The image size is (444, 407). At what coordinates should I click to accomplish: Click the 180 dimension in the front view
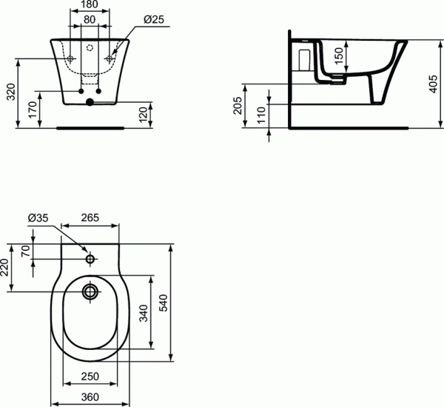(x=88, y=7)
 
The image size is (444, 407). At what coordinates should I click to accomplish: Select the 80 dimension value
(x=88, y=20)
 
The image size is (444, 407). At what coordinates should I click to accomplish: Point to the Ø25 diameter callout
(x=152, y=20)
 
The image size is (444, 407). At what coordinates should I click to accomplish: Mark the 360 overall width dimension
(x=90, y=397)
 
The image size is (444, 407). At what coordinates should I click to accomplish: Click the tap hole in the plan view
(x=90, y=259)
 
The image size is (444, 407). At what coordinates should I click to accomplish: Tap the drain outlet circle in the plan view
(x=90, y=291)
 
